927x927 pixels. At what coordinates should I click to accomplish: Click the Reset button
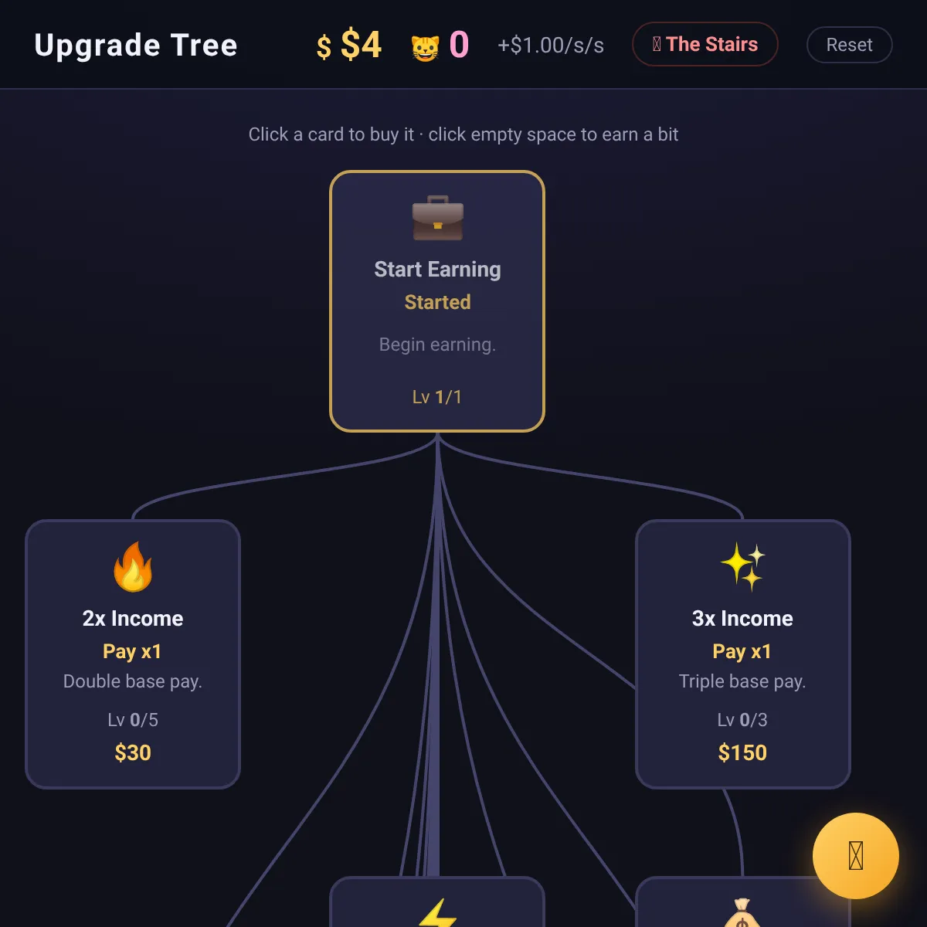point(849,45)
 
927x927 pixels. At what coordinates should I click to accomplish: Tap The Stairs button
point(705,44)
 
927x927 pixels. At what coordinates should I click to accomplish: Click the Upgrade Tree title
point(136,46)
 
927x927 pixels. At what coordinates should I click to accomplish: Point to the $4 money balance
point(361,45)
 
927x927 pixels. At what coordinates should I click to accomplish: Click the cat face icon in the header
point(425,48)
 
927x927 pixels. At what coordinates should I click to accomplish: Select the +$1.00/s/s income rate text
point(550,46)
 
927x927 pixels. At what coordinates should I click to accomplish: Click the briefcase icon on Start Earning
point(438,218)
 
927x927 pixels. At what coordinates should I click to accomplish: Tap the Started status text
point(437,302)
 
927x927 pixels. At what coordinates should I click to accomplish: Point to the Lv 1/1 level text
point(436,397)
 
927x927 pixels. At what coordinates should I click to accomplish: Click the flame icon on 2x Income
point(133,566)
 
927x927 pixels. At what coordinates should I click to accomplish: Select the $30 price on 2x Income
point(133,752)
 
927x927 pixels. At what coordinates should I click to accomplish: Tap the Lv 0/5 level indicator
point(133,720)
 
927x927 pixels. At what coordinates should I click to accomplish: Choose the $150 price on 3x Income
point(742,752)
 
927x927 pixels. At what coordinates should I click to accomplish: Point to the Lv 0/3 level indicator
point(742,720)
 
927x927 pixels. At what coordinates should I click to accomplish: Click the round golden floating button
point(855,855)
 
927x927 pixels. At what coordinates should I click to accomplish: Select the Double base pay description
point(133,681)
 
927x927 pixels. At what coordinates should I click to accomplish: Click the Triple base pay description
point(742,681)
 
